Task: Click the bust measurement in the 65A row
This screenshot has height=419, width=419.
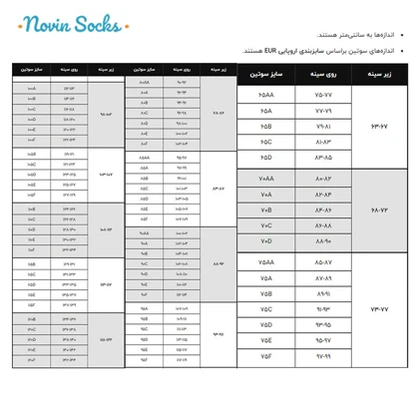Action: [x=323, y=111]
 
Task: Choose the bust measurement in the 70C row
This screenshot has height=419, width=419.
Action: [x=323, y=226]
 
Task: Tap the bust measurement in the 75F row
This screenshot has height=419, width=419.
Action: [x=323, y=356]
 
